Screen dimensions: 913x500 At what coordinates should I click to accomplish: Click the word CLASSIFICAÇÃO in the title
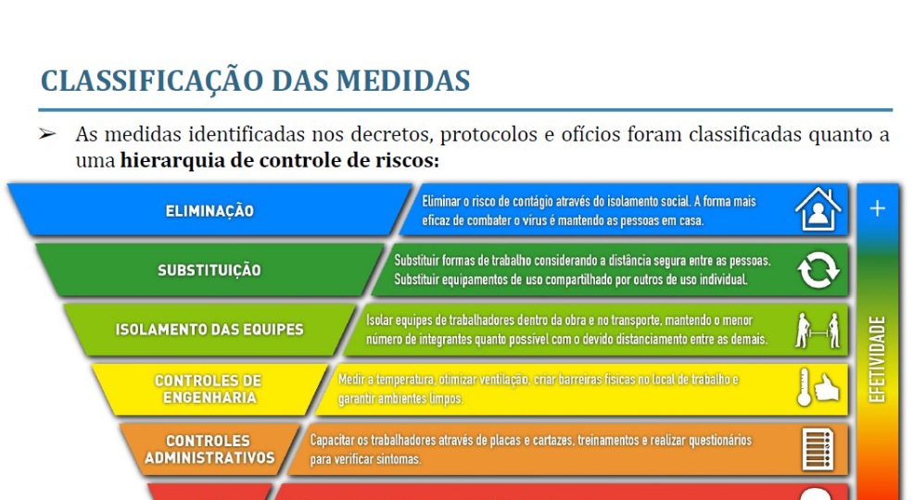pos(152,81)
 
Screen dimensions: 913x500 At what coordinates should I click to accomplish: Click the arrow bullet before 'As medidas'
pos(47,134)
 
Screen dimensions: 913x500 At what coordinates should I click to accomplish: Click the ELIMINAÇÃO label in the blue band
pos(209,210)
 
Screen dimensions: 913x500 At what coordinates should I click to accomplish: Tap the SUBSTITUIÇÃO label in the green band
pos(209,270)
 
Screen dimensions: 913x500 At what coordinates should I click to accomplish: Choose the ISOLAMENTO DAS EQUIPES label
pos(209,330)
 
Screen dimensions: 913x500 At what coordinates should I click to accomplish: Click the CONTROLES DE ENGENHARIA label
pos(209,389)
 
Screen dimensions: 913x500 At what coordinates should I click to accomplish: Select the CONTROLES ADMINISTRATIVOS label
pos(209,449)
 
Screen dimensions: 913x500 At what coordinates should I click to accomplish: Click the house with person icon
pos(818,209)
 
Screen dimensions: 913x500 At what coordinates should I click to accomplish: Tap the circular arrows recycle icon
pos(818,269)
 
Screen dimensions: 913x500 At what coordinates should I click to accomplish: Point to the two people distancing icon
pos(818,331)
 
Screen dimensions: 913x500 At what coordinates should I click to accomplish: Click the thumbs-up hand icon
pos(827,388)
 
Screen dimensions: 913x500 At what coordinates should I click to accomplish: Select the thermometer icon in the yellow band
pos(805,387)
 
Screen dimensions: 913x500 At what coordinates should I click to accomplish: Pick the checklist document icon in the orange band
pos(818,449)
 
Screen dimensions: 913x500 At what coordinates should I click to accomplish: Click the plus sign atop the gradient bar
pos(878,208)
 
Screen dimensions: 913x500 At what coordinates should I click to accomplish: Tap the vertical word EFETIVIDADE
pos(877,358)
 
